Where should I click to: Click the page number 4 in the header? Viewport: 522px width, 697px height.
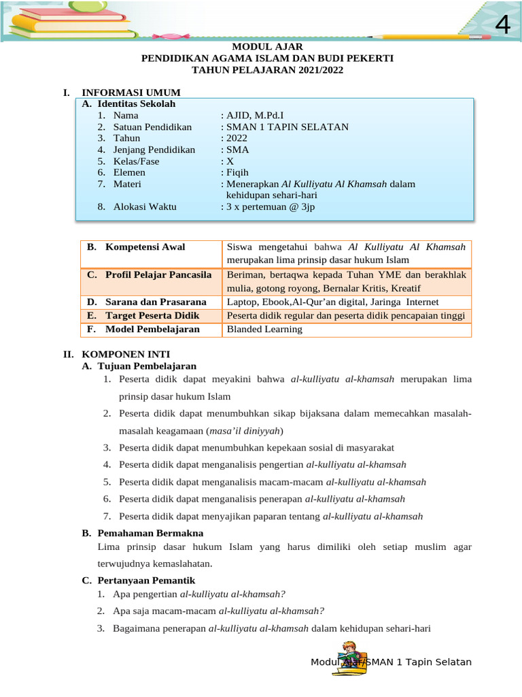[502, 25]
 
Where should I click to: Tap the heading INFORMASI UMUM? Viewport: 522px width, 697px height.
[130, 93]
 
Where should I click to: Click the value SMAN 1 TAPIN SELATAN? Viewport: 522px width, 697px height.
[287, 127]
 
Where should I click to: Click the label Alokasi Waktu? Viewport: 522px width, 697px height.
[145, 206]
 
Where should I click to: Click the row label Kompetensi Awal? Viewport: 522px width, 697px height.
[145, 247]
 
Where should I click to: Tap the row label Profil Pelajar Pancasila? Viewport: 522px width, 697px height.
[158, 274]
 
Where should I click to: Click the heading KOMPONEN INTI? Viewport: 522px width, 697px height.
[126, 354]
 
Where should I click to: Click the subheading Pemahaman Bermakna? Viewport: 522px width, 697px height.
[150, 533]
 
